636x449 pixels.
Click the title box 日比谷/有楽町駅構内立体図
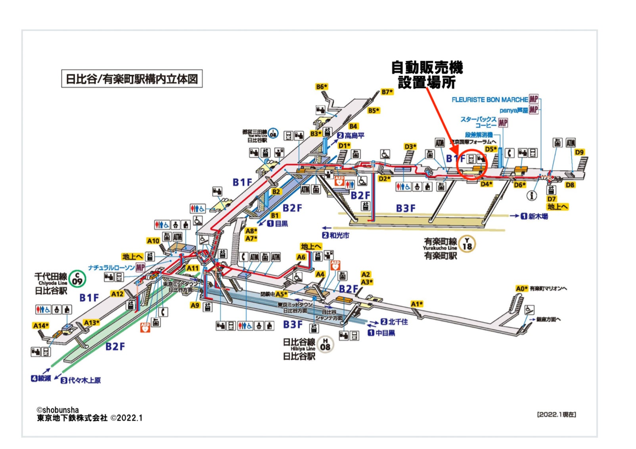click(x=132, y=79)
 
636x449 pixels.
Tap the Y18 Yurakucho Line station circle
click(x=467, y=244)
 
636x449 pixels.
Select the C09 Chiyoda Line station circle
click(x=77, y=279)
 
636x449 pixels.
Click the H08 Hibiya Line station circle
click(x=325, y=344)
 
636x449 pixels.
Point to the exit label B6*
click(x=322, y=86)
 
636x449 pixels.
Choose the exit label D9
click(x=579, y=152)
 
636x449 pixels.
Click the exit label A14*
click(x=40, y=325)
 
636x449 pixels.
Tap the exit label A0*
click(x=521, y=289)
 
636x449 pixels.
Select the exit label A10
click(x=153, y=241)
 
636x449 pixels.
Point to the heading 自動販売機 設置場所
click(x=427, y=75)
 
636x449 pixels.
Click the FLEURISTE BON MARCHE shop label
click(x=490, y=100)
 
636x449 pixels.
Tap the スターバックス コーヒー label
click(x=479, y=122)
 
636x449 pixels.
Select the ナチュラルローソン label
click(x=111, y=267)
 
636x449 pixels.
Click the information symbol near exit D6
click(x=531, y=195)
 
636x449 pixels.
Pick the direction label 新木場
click(x=538, y=216)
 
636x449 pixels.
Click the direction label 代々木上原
click(x=84, y=380)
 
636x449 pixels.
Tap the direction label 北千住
click(x=398, y=322)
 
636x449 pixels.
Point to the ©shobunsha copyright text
click(x=58, y=410)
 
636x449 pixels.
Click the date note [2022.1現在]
click(x=556, y=415)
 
